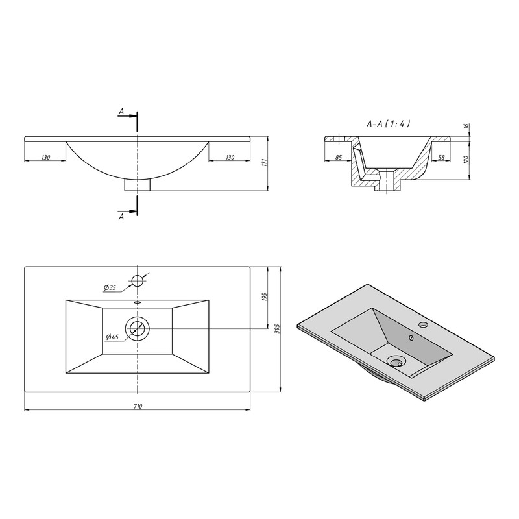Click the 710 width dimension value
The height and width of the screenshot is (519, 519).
pos(138,406)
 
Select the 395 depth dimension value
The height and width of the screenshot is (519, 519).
pos(278,329)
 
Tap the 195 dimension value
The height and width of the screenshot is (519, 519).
pos(265,297)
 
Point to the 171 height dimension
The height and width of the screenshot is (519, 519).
pos(264,163)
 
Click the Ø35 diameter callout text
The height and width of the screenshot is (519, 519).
pos(110,287)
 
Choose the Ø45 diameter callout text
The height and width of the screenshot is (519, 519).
pos(112,337)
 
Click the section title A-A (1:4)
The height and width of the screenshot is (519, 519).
pos(389,124)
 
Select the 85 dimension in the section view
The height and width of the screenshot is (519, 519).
pos(338,158)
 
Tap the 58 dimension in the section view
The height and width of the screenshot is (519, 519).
pos(442,158)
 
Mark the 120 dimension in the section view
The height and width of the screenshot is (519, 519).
pos(466,160)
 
